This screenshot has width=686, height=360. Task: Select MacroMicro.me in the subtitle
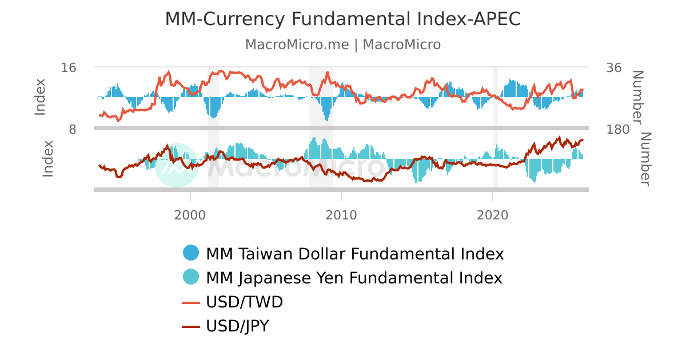point(297,45)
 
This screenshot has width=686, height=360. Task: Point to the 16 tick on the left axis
point(69,67)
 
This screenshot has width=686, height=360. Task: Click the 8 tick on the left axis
point(72,129)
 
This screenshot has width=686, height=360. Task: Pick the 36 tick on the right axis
point(613,67)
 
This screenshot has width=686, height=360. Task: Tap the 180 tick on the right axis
point(617,129)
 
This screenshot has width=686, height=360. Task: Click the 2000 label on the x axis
point(190,215)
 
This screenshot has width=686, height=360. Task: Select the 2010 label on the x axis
point(341,215)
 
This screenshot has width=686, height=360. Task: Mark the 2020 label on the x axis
point(492,215)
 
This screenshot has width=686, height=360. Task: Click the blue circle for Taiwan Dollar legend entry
point(191,253)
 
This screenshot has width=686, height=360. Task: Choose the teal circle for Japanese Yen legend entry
point(191,277)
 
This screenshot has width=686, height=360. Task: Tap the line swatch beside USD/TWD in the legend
point(191,302)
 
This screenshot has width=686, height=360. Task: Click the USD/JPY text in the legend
point(237,326)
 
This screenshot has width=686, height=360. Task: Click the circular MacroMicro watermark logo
point(177,165)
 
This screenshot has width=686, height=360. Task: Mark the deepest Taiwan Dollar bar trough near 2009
point(326,119)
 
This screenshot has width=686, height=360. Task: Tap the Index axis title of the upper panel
point(39,97)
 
